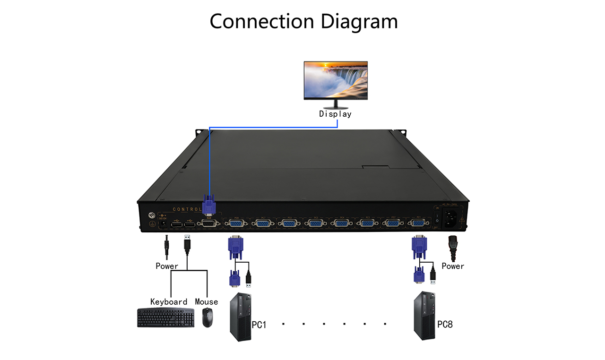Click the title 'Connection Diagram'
tap(303, 22)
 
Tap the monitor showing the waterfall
tap(336, 80)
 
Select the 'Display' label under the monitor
tap(335, 114)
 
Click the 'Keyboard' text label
tap(169, 302)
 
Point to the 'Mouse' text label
tap(207, 302)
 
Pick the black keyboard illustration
tap(165, 318)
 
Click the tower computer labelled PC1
tap(240, 317)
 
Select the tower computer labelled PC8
tap(423, 316)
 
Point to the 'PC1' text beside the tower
tap(259, 325)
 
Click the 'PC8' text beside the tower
tap(445, 325)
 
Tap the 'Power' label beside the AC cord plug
tap(453, 266)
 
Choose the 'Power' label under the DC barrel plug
tap(167, 266)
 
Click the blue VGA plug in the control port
tap(209, 205)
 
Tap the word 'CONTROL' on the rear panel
tap(187, 209)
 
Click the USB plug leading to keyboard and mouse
tap(187, 244)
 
